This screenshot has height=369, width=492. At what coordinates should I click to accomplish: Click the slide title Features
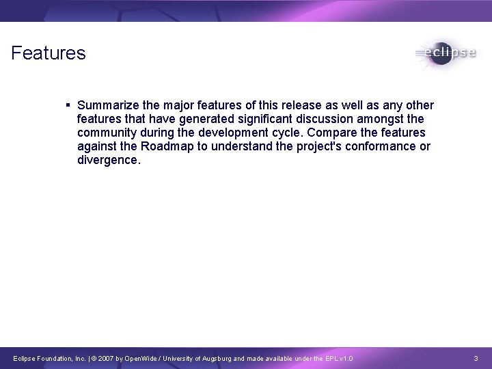pyautogui.click(x=49, y=53)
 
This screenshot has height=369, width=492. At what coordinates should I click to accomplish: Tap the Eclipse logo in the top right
pyautogui.click(x=445, y=53)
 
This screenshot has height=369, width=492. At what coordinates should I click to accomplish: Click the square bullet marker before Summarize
pyautogui.click(x=68, y=105)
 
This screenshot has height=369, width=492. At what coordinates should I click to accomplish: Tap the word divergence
pyautogui.click(x=108, y=160)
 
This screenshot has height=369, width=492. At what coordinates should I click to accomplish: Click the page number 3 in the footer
pyautogui.click(x=476, y=359)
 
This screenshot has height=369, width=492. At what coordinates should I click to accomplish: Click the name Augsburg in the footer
pyautogui.click(x=215, y=359)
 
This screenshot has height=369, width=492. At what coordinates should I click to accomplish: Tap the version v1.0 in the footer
pyautogui.click(x=346, y=359)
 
